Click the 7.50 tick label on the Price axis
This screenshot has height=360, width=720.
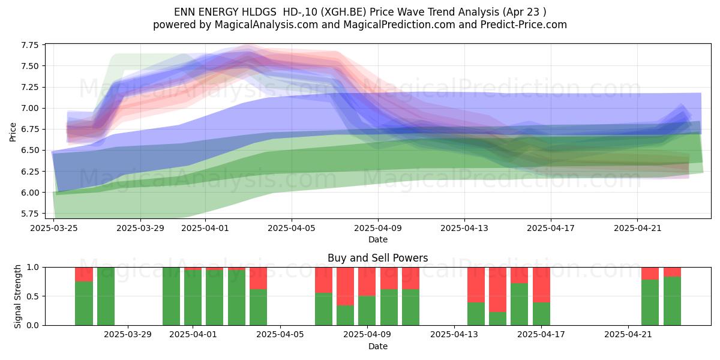pos(30,66)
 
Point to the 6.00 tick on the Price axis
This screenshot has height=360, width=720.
pos(30,193)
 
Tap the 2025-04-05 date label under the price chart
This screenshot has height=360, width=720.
pos(292,228)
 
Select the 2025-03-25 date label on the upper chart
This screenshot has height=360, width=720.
pos(53,228)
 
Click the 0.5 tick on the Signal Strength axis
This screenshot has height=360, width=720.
pos(32,296)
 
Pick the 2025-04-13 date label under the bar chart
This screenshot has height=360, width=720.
pos(454,335)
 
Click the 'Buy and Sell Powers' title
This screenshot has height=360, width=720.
pos(377,258)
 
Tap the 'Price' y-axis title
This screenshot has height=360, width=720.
pos(13,132)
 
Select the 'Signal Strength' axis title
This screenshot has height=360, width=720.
pos(17,296)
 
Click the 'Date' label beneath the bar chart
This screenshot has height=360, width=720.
pos(377,346)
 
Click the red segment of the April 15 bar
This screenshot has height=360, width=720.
pos(497,290)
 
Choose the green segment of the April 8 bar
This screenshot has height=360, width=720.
pos(345,316)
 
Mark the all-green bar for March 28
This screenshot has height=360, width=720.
pos(106,296)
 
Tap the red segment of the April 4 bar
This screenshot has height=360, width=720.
pos(258,278)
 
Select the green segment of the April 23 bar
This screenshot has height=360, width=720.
pos(672,301)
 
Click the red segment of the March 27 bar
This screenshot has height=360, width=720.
pos(84,275)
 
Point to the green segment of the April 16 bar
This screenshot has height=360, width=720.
pos(519,304)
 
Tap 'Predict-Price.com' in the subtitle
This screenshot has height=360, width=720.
pos(524,25)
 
